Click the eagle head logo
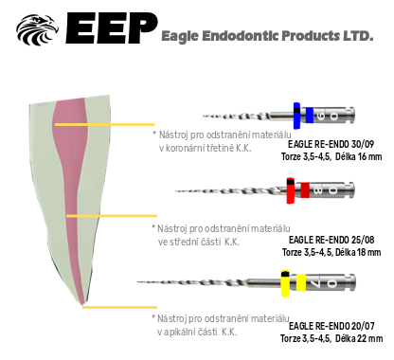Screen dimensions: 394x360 click(x=37, y=29)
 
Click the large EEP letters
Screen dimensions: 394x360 click(x=111, y=28)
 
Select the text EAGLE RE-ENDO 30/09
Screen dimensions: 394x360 click(x=331, y=144)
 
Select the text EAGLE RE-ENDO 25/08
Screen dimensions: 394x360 click(x=331, y=240)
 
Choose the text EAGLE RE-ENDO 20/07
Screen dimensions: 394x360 click(x=331, y=326)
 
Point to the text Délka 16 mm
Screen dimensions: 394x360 click(x=359, y=156)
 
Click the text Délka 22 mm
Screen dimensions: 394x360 click(x=359, y=338)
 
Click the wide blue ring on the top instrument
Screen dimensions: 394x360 click(x=296, y=116)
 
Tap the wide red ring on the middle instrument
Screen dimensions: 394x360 click(x=291, y=190)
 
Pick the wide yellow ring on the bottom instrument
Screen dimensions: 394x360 click(x=285, y=283)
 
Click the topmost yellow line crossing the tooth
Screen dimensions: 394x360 click(x=105, y=125)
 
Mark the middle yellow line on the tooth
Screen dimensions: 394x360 click(x=112, y=216)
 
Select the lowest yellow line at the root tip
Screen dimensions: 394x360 click(x=119, y=307)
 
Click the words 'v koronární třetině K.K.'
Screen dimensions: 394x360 click(x=206, y=148)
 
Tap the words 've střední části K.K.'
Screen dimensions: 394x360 click(x=199, y=243)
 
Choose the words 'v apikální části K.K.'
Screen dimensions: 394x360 click(x=197, y=332)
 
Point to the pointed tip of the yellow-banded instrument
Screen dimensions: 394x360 click(x=138, y=281)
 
